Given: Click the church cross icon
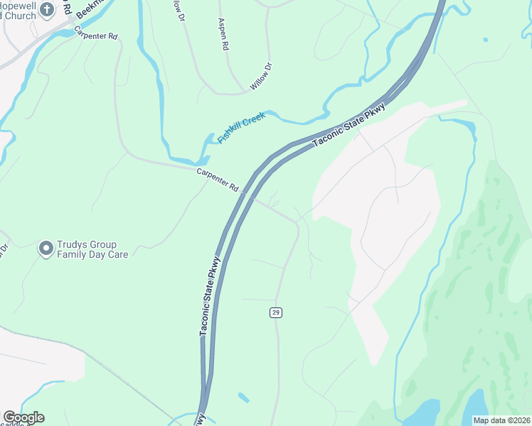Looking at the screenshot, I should click(x=47, y=9).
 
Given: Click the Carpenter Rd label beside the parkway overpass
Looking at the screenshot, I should click(x=218, y=178).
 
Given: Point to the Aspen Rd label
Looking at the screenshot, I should click(x=224, y=33).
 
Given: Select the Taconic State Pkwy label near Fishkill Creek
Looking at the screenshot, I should click(x=349, y=126).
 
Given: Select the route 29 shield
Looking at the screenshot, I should click(x=275, y=313).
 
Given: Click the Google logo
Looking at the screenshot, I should click(x=23, y=417).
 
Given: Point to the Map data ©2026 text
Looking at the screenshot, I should click(x=501, y=420).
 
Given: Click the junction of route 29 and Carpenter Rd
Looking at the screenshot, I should click(x=297, y=223).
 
